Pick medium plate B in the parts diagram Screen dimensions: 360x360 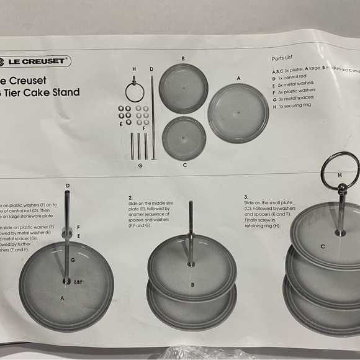click(x=183, y=88)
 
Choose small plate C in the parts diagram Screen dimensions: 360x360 click(x=184, y=137)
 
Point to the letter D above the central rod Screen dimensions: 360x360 click(x=151, y=69)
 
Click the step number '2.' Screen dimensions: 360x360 click(x=131, y=197)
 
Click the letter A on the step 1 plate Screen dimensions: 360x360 click(x=61, y=298)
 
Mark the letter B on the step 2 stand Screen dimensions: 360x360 click(x=192, y=286)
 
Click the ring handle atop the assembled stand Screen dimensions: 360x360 click(x=340, y=163)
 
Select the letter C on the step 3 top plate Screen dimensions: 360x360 click(x=322, y=246)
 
